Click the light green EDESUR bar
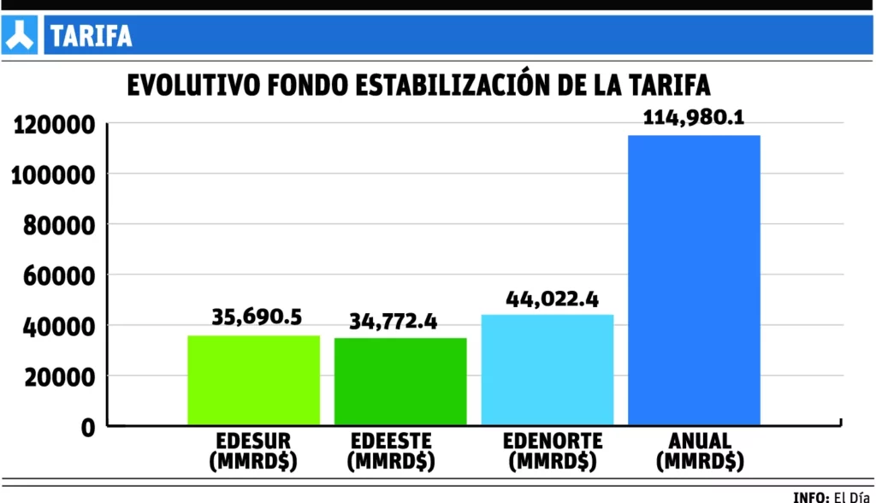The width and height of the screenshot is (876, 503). click(253, 380)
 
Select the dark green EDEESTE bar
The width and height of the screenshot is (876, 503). click(400, 382)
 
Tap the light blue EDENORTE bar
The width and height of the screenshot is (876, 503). click(547, 370)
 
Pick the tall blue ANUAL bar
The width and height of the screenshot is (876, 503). click(694, 280)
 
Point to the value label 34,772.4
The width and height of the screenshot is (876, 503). click(394, 322)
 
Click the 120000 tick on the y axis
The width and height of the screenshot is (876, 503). click(52, 125)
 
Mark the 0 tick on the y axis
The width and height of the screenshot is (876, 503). click(88, 427)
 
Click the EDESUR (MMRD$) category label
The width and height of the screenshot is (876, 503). click(254, 451)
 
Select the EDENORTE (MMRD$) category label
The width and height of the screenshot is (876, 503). click(553, 451)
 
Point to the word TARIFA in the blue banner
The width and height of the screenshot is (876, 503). click(91, 36)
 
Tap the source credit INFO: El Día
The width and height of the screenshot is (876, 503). click(829, 496)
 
